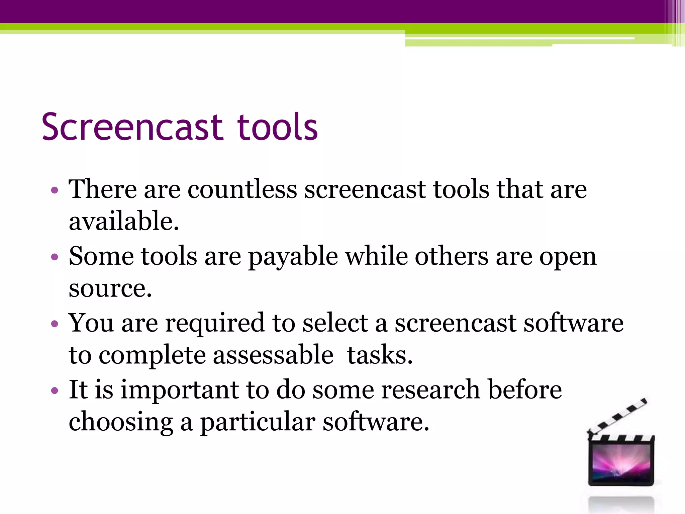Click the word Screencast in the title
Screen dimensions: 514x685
point(132,127)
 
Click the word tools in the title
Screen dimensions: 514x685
point(277,127)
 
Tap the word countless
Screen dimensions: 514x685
point(242,190)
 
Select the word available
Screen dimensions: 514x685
point(124,222)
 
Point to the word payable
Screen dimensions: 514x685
point(293,257)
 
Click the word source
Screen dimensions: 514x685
point(110,289)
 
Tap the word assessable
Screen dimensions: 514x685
point(273,355)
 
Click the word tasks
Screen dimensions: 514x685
point(380,355)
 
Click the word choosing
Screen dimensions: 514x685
point(121,422)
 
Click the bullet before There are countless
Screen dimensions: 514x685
point(55,190)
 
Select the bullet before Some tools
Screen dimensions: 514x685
point(55,257)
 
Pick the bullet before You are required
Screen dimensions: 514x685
point(55,324)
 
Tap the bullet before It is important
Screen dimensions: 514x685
point(55,391)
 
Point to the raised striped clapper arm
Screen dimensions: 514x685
point(617,417)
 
